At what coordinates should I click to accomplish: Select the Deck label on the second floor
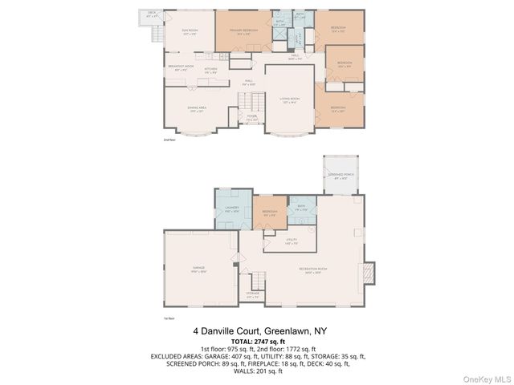pyautogui.click(x=153, y=14)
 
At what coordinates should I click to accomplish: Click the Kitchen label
pyautogui.click(x=210, y=71)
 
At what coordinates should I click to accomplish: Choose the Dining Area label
pyautogui.click(x=198, y=109)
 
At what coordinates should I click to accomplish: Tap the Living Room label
pyautogui.click(x=289, y=101)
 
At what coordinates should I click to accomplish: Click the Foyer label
pyautogui.click(x=251, y=120)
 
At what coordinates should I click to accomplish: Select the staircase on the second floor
pyautogui.click(x=255, y=102)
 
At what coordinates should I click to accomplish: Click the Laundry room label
pyautogui.click(x=232, y=210)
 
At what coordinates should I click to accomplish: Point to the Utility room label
pyautogui.click(x=291, y=241)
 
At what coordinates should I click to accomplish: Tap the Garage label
pyautogui.click(x=198, y=270)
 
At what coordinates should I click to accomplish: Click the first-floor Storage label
pyautogui.click(x=253, y=295)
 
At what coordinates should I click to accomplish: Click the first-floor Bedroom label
pyautogui.click(x=270, y=213)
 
